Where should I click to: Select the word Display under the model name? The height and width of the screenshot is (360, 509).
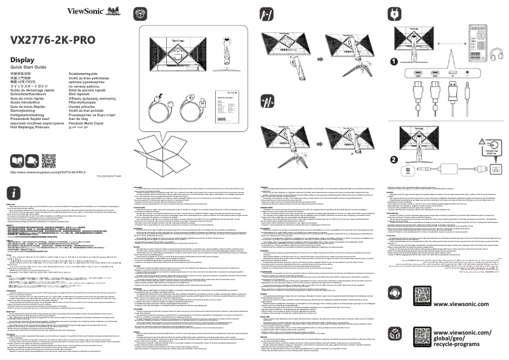tap(22, 60)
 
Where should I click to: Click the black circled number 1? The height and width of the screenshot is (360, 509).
tap(393, 61)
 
